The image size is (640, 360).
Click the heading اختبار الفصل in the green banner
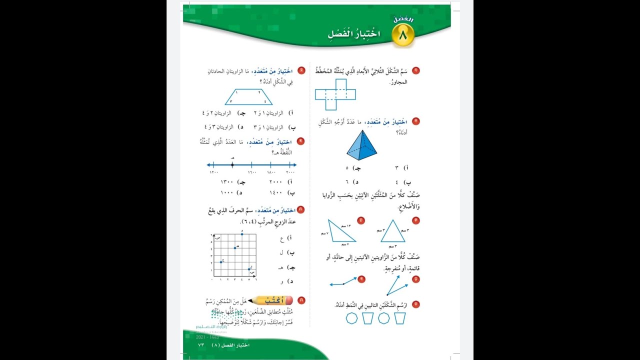[x=354, y=34]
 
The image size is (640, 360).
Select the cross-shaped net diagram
[x=335, y=94]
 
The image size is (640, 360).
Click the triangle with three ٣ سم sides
[x=392, y=231]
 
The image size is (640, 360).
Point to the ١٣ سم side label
[x=346, y=225]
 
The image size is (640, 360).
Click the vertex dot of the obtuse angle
[x=343, y=283]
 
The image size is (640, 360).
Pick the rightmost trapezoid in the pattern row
[x=399, y=318]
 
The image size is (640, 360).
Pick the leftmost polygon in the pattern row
[x=352, y=318]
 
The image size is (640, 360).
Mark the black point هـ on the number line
[x=232, y=164]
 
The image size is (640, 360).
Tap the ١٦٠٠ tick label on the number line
[x=251, y=172]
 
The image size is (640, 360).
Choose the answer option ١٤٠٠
[x=275, y=192]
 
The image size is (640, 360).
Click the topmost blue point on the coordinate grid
[x=242, y=233]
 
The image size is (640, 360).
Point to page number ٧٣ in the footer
[x=201, y=345]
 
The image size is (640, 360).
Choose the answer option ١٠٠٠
[x=227, y=192]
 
